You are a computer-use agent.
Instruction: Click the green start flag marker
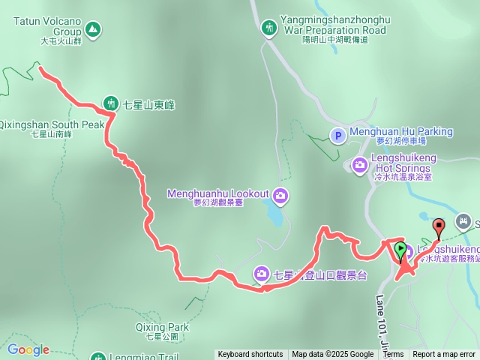point(401,250)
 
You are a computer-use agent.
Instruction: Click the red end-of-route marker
point(439,225)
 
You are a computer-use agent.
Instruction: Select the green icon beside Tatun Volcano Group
point(92,29)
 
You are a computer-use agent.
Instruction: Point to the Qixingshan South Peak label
point(51,124)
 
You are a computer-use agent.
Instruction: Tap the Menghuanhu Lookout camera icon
point(280,196)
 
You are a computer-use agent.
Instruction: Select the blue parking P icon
point(337,136)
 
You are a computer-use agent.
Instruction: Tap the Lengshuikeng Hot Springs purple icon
point(360,164)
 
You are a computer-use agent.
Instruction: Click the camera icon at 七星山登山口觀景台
point(262,274)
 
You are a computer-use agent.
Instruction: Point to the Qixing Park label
point(162,327)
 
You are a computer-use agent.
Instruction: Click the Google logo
point(28,349)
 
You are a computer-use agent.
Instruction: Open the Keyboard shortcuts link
point(250,355)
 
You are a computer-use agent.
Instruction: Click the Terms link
point(393,355)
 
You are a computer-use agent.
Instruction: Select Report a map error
point(444,355)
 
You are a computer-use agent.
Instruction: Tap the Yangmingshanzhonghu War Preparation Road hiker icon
point(269,28)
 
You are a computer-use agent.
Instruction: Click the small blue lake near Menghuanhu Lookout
point(274,216)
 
